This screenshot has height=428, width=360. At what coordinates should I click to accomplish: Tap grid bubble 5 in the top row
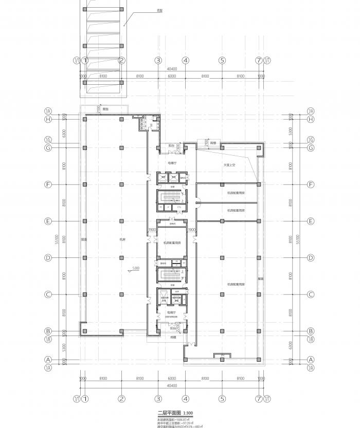click(x=222, y=60)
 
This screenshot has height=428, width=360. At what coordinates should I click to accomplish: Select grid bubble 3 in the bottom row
click(x=158, y=398)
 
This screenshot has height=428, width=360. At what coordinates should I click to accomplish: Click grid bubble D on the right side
click(x=310, y=257)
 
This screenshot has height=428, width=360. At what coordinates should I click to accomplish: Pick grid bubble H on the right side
click(x=310, y=119)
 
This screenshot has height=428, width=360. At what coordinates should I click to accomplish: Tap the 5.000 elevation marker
click(x=136, y=268)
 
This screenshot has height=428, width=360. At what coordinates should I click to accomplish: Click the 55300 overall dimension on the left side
click(x=64, y=239)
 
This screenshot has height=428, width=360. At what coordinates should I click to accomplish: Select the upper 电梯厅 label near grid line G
click(x=172, y=163)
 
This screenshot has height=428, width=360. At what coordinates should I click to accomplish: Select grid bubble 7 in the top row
click(x=259, y=60)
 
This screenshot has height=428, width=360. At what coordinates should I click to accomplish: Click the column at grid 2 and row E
click(x=122, y=221)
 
